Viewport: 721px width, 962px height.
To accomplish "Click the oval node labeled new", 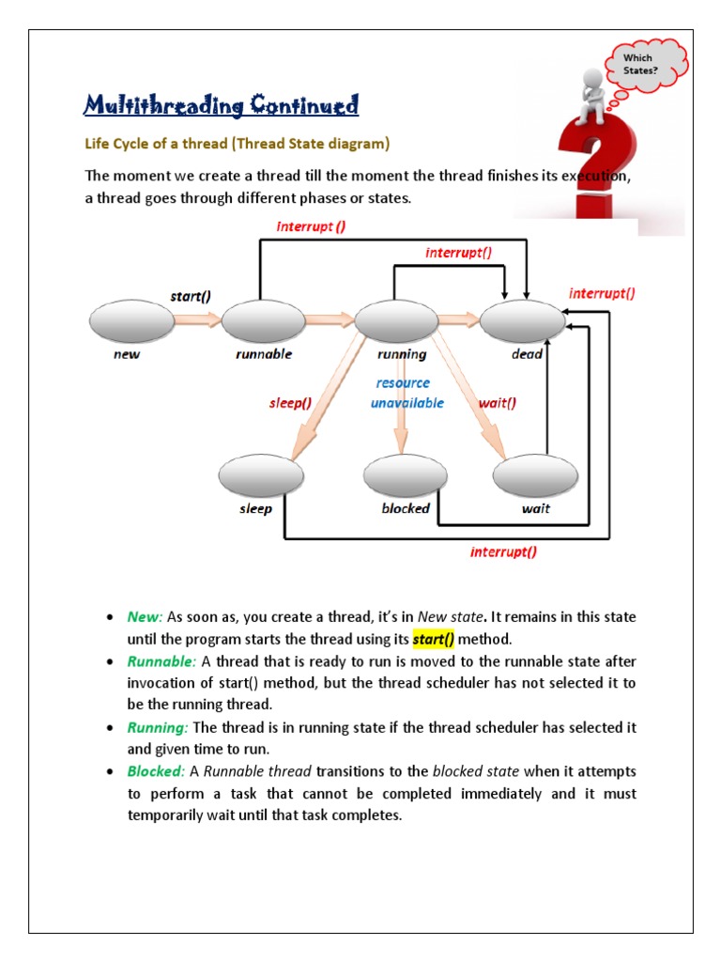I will [131, 322].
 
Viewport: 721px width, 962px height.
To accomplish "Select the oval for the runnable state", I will [264, 322].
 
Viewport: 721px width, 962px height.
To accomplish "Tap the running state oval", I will [395, 322].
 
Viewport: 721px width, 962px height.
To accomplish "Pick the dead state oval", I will [522, 322].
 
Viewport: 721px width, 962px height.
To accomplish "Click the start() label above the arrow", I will [191, 296].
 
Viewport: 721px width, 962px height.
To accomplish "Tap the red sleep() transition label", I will [290, 402].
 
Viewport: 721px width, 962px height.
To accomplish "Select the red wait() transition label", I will [498, 402].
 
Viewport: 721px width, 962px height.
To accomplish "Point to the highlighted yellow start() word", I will [434, 640].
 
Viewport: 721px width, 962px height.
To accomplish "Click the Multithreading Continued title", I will [222, 104].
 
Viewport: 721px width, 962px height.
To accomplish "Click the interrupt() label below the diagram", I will [504, 551].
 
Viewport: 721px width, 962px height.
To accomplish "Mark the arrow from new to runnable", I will [198, 321].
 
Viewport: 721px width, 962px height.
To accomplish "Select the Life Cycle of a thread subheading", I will [237, 145].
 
